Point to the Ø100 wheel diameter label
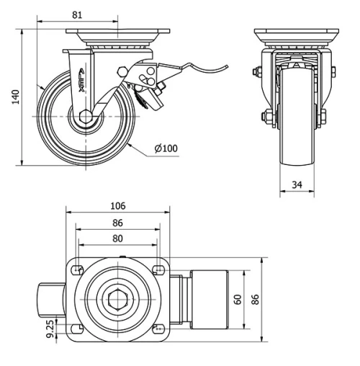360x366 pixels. click(x=164, y=148)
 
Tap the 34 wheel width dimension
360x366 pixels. click(x=297, y=184)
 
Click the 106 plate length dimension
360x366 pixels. click(x=118, y=205)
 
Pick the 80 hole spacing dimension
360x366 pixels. click(x=118, y=238)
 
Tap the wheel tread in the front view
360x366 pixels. click(x=297, y=144)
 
